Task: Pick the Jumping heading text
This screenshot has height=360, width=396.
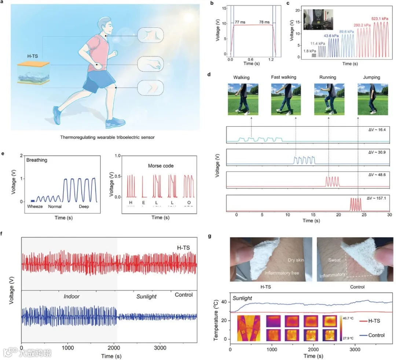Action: click(372, 78)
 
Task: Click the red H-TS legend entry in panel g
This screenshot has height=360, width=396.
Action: click(373, 320)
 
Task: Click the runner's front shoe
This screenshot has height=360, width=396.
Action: click(113, 123)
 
